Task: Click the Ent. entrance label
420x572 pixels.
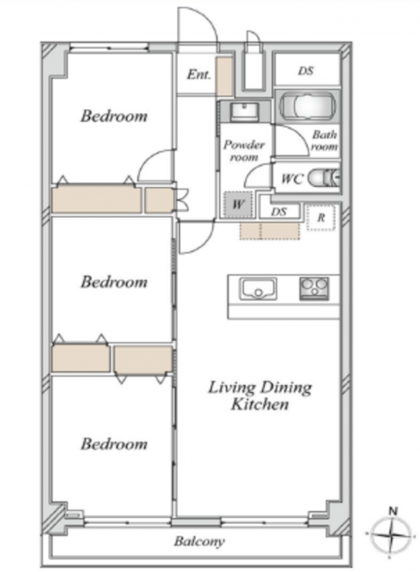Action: [199, 75]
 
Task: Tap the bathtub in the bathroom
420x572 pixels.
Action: [307, 104]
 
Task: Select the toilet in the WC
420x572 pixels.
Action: [325, 178]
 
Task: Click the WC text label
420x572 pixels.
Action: [292, 178]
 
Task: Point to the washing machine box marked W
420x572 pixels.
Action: [237, 204]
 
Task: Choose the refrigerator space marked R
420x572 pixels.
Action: [321, 218]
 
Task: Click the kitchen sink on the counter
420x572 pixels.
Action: [258, 289]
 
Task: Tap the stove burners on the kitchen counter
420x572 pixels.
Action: [314, 288]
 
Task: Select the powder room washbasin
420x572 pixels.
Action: [244, 111]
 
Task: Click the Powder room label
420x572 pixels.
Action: [244, 151]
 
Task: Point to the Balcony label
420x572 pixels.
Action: [199, 541]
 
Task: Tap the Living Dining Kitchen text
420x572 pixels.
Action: [260, 395]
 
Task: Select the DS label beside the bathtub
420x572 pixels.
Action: [305, 70]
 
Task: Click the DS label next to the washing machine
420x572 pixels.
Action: [279, 211]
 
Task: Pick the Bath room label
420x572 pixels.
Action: [324, 140]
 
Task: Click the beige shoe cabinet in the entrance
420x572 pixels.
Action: [224, 76]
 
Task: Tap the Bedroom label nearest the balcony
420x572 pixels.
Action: [114, 444]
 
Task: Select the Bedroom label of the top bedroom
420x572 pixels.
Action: [114, 116]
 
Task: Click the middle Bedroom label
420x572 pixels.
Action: [114, 281]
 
